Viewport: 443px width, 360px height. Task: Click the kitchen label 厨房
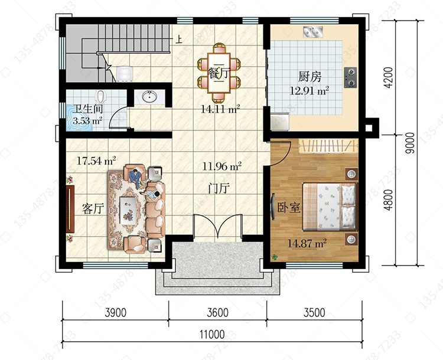[310, 77]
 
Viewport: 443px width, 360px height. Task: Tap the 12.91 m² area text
[310, 91]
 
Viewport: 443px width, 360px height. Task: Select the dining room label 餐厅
[218, 73]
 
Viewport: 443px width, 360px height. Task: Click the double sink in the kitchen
[313, 32]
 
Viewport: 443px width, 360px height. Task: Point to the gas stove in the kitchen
[350, 77]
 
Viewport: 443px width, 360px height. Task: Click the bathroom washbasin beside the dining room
[149, 97]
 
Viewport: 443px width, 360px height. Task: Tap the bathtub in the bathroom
[79, 119]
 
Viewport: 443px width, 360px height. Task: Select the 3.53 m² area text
[87, 121]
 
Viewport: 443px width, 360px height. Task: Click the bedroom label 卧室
[288, 208]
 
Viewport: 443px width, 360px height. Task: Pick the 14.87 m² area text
[307, 243]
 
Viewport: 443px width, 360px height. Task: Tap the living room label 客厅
[93, 210]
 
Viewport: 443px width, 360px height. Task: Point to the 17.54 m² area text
[96, 161]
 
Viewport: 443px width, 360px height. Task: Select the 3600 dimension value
[217, 313]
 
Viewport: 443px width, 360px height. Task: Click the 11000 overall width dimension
[212, 335]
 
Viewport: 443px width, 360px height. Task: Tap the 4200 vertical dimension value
[389, 77]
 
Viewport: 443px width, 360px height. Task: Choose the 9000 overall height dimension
[411, 143]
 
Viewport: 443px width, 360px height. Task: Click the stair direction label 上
[178, 40]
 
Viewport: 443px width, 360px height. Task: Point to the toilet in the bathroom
[100, 97]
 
